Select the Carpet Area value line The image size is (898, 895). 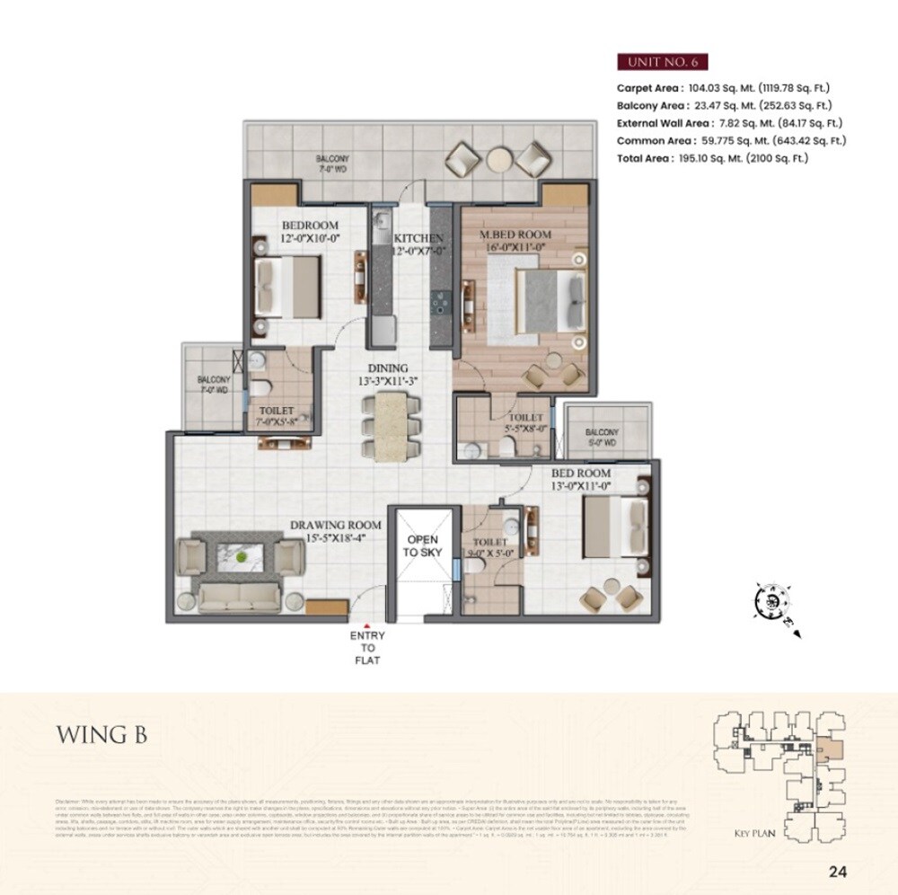pyautogui.click(x=723, y=88)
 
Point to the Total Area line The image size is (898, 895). pyautogui.click(x=712, y=158)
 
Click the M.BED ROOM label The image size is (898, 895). pyautogui.click(x=515, y=235)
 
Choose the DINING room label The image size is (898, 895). pyautogui.click(x=387, y=368)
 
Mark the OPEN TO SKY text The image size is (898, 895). pyautogui.click(x=422, y=545)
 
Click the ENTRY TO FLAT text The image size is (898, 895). pyautogui.click(x=366, y=648)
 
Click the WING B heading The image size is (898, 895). pyautogui.click(x=101, y=734)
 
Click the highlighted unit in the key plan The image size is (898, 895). pyautogui.click(x=832, y=749)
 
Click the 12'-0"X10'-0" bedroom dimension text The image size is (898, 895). pyautogui.click(x=310, y=240)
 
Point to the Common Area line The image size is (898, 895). pyautogui.click(x=731, y=140)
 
